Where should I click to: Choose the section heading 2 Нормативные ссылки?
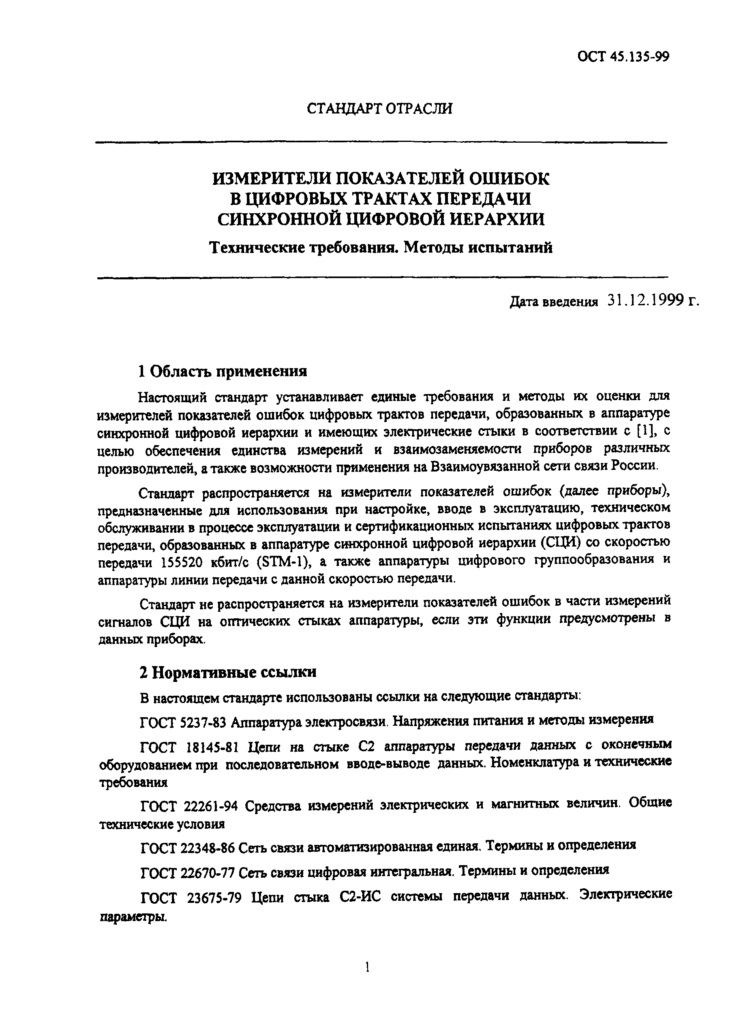227,672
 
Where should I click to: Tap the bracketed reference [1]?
644,431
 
